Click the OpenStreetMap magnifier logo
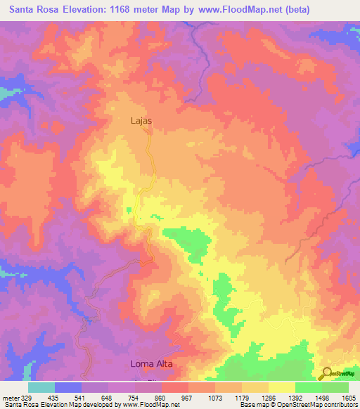(327, 372)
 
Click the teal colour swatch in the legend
(41, 387)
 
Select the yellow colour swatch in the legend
(281, 387)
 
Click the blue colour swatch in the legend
(68, 387)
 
